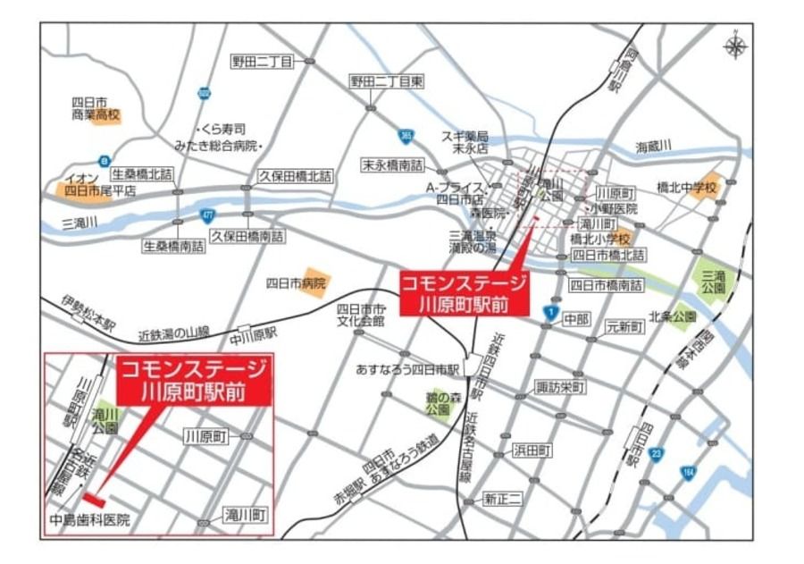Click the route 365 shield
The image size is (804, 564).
click(x=406, y=136)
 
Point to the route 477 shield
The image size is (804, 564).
click(x=208, y=215)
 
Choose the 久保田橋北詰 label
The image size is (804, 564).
click(x=295, y=177)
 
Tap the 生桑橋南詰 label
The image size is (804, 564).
click(x=173, y=246)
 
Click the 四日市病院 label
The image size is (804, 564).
click(x=296, y=283)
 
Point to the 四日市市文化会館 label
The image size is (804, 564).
click(x=360, y=314)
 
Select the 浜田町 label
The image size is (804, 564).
click(x=532, y=450)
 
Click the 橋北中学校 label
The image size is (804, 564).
click(x=686, y=188)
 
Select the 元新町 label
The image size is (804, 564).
click(x=624, y=327)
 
